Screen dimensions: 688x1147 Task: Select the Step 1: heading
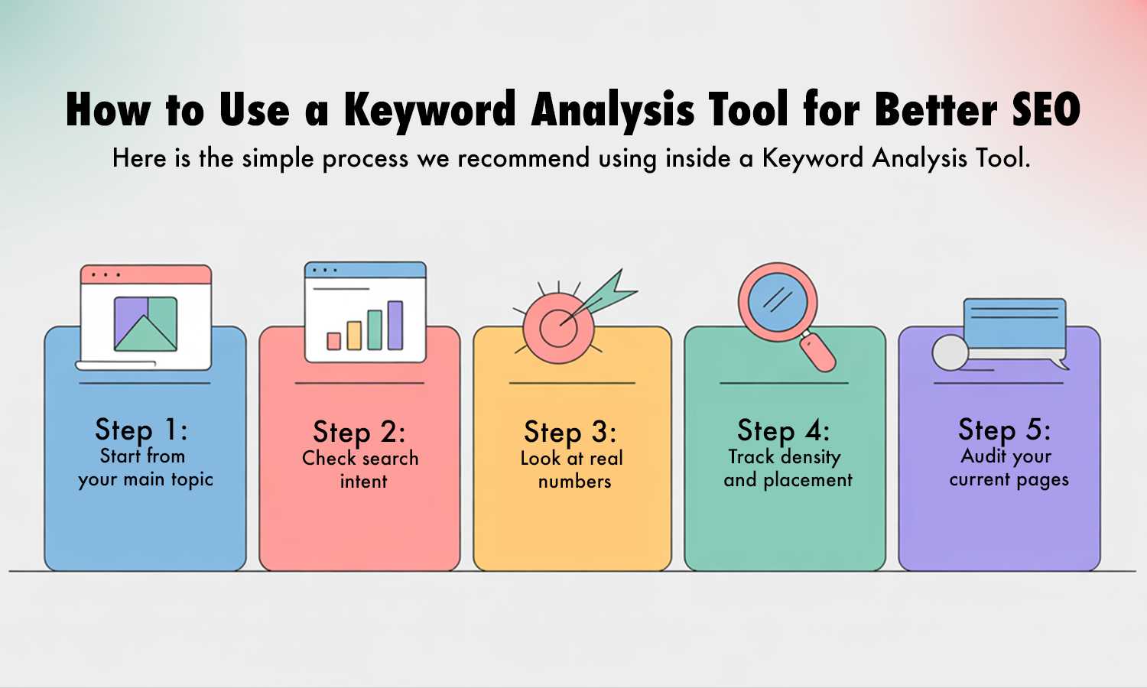point(141,430)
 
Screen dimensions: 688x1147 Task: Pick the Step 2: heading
point(359,432)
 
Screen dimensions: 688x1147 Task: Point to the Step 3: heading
point(570,432)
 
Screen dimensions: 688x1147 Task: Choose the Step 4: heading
point(784,430)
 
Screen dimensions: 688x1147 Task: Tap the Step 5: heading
point(1005,430)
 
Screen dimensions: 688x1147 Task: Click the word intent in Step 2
point(363,482)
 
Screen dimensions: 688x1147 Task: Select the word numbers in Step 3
point(575,482)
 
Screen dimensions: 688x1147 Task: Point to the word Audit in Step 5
point(983,456)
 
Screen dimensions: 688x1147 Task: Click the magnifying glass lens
point(778,301)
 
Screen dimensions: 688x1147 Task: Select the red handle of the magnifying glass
point(818,352)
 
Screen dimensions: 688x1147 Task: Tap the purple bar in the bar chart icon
point(395,325)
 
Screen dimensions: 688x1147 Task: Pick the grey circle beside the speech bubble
point(950,353)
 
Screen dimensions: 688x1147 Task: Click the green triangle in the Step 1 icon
point(145,333)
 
